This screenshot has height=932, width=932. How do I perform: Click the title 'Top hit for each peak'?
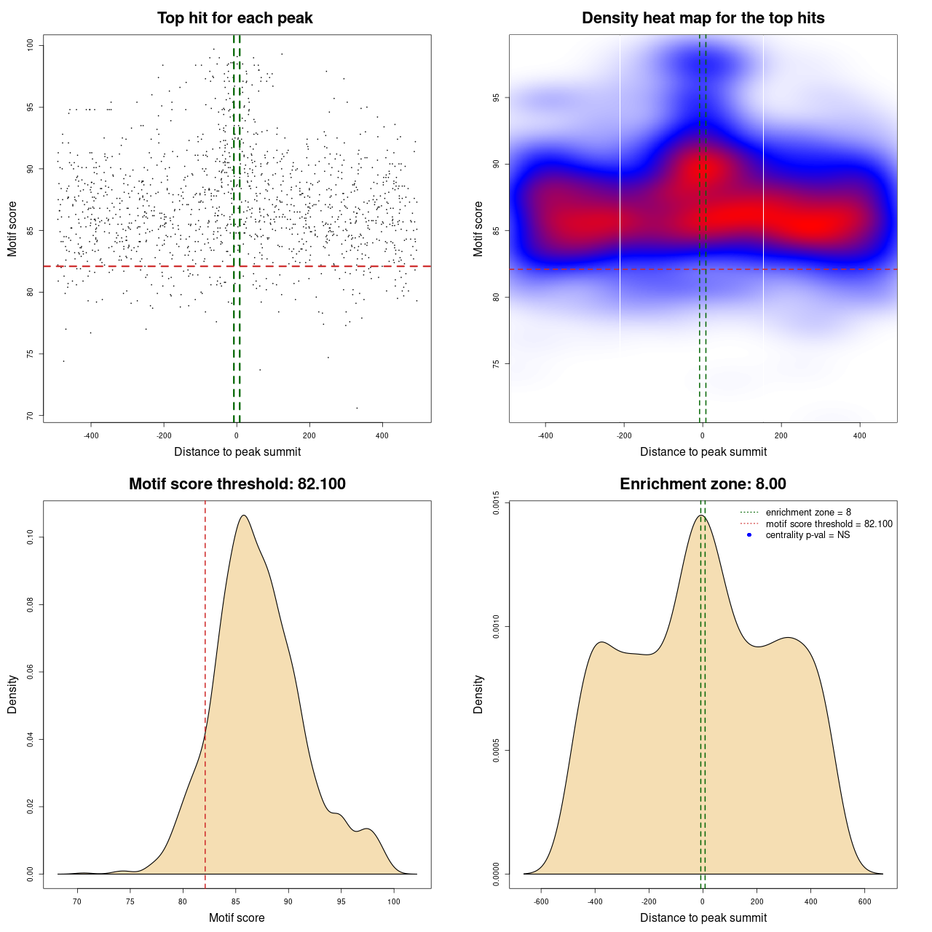point(235,18)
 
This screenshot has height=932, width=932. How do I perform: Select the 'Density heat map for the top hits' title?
point(703,18)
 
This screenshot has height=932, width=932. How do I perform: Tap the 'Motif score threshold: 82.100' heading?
point(237,484)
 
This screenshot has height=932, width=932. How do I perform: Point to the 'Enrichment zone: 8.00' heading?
point(703,484)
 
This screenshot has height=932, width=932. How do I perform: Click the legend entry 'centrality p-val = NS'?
point(807,535)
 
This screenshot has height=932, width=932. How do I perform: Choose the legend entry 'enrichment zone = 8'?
point(808,513)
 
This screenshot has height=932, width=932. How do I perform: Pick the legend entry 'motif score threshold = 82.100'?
point(829,524)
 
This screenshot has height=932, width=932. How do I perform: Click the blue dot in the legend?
point(749,535)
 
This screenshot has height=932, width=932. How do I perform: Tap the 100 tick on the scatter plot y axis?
point(31,45)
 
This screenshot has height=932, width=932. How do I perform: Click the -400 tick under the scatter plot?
point(91,435)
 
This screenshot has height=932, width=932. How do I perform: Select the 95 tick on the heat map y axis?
point(497,98)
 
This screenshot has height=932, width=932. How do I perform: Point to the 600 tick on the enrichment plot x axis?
point(865,901)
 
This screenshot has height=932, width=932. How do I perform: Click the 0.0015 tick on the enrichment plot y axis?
point(497,502)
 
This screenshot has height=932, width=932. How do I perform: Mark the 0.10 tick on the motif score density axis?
point(31,537)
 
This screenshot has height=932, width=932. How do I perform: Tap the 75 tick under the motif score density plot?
point(130,901)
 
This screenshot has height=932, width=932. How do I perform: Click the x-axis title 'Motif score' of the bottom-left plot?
point(237,917)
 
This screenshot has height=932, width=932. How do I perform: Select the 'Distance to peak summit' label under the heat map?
point(703,451)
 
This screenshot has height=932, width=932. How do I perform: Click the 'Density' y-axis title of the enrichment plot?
point(478,694)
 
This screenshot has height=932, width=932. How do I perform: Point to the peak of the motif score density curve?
point(243,516)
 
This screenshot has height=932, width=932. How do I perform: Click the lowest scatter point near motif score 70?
point(357,408)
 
